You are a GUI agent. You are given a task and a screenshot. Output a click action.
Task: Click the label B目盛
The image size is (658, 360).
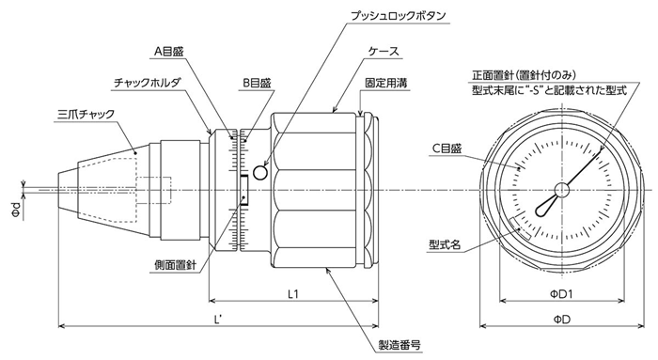(255, 84)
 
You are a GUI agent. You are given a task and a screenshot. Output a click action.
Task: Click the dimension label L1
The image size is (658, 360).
(293, 294)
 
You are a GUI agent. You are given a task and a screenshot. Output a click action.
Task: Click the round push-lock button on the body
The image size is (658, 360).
(260, 172)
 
